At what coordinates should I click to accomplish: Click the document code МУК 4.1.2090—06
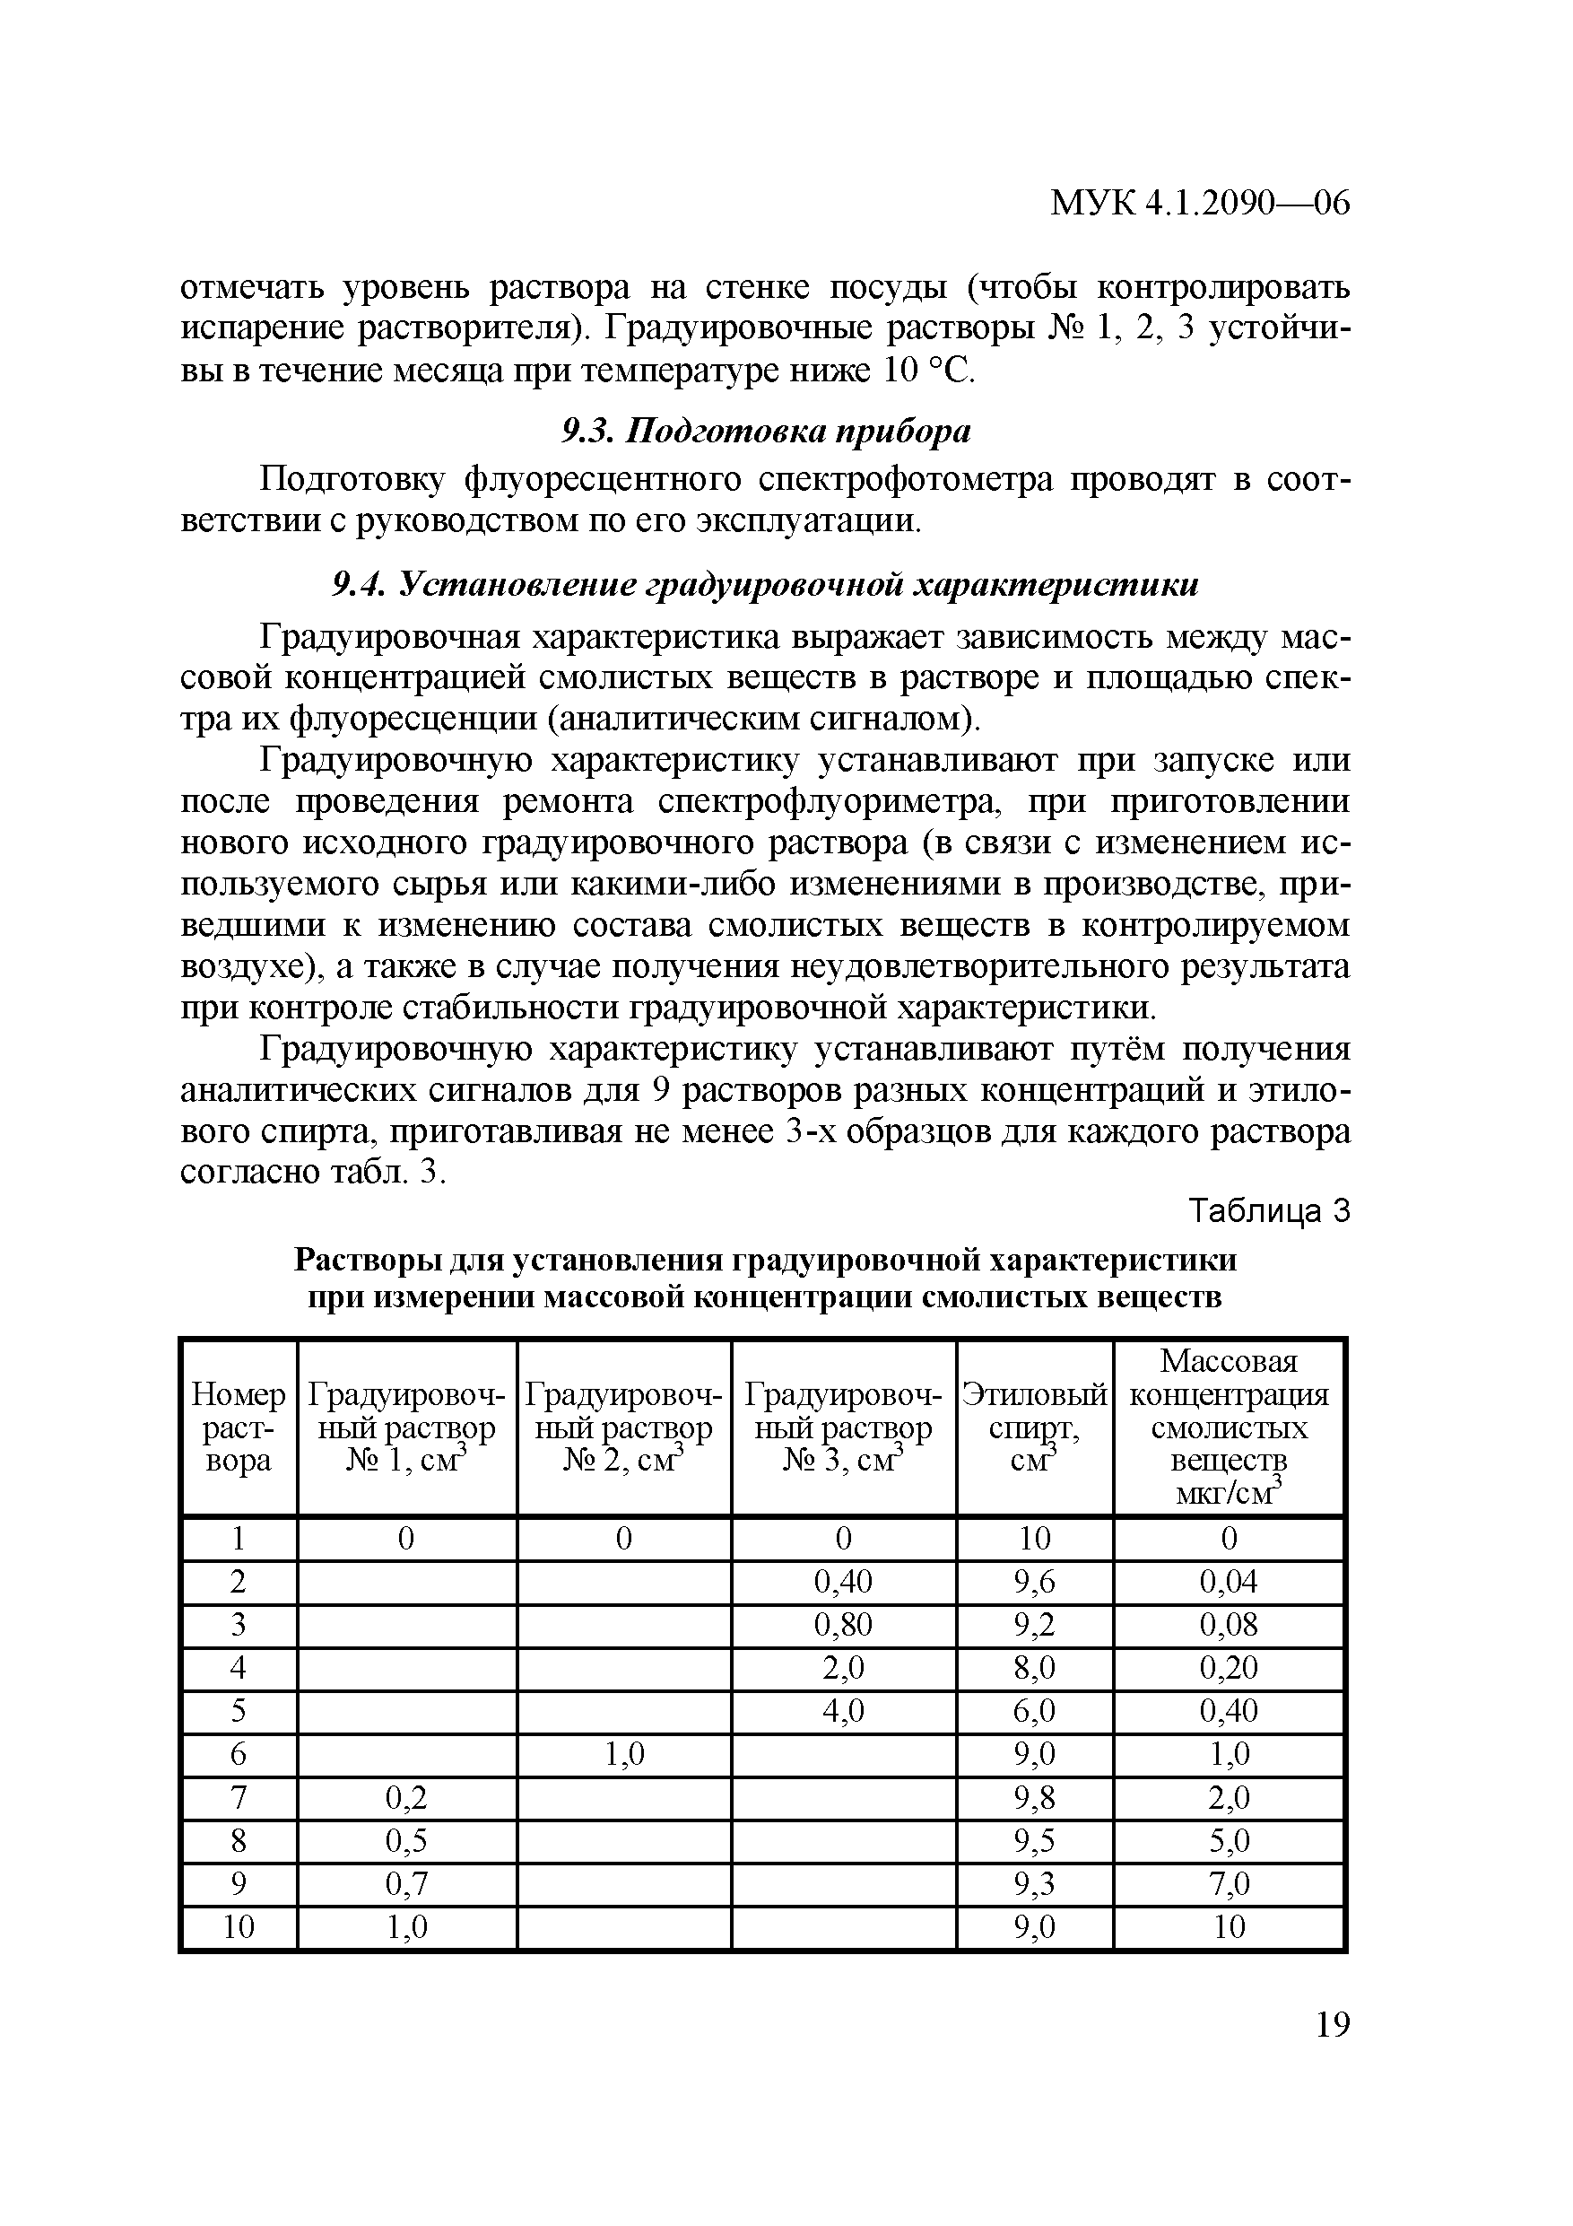[x=1200, y=204]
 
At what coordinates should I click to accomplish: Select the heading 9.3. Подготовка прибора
[x=766, y=432]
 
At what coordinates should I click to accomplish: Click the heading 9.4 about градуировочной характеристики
[x=766, y=585]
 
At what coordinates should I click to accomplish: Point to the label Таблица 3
[x=1269, y=1212]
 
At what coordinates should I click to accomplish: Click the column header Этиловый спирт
[x=1034, y=1427]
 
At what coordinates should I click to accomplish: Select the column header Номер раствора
[x=239, y=1427]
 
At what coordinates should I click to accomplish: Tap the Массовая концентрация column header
[x=1229, y=1427]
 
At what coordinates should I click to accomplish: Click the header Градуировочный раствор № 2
[x=624, y=1427]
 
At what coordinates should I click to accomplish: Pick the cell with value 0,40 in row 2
[x=842, y=1582]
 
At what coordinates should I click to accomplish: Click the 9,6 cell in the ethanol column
[x=1034, y=1582]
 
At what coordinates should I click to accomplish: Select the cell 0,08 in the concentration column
[x=1229, y=1625]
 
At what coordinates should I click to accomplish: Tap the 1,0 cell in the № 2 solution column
[x=624, y=1754]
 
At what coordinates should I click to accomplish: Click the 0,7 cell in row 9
[x=406, y=1882]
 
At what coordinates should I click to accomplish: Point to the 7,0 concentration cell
[x=1229, y=1882]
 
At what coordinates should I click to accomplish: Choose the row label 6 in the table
[x=239, y=1754]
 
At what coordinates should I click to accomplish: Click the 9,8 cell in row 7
[x=1034, y=1797]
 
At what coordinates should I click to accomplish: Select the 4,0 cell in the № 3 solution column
[x=842, y=1711]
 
